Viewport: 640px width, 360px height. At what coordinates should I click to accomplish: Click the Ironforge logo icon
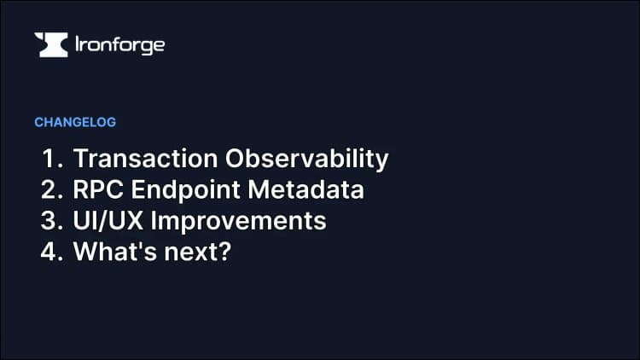click(50, 45)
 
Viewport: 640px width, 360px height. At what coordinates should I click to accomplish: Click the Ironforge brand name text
click(119, 45)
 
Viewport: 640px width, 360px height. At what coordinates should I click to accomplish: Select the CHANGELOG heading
click(75, 122)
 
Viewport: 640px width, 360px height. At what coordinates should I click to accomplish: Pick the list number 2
click(49, 190)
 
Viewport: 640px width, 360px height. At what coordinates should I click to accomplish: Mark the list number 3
click(49, 221)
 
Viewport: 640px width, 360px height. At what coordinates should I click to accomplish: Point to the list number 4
click(49, 252)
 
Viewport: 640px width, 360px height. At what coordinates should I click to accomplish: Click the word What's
click(113, 252)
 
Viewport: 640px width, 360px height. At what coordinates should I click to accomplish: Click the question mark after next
click(225, 252)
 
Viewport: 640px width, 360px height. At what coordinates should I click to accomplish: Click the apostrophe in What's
click(140, 244)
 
